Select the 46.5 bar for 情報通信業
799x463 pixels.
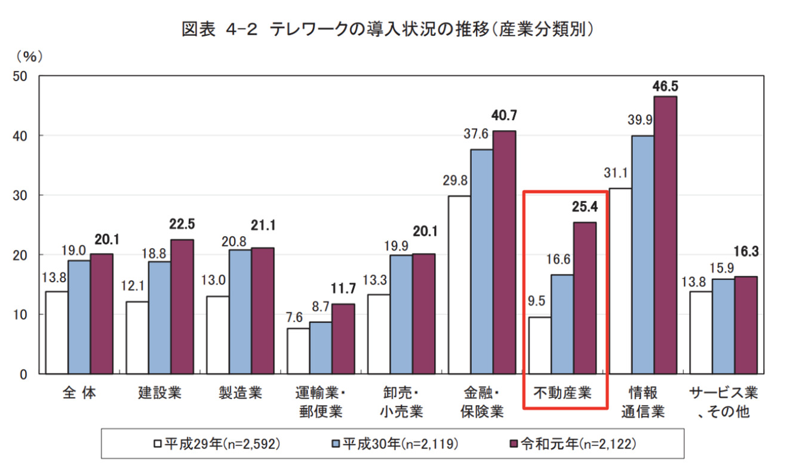coord(665,235)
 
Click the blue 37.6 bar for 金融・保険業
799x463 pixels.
coord(481,261)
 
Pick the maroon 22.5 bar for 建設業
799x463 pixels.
coord(182,307)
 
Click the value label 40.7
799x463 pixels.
coord(503,115)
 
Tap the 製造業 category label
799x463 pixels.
coord(239,393)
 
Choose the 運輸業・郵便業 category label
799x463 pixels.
coord(321,402)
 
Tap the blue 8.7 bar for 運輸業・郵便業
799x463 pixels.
coord(320,348)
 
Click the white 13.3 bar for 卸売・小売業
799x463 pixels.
coord(379,334)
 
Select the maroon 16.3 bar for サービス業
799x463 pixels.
coord(746,325)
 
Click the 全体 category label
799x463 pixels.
coord(79,393)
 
